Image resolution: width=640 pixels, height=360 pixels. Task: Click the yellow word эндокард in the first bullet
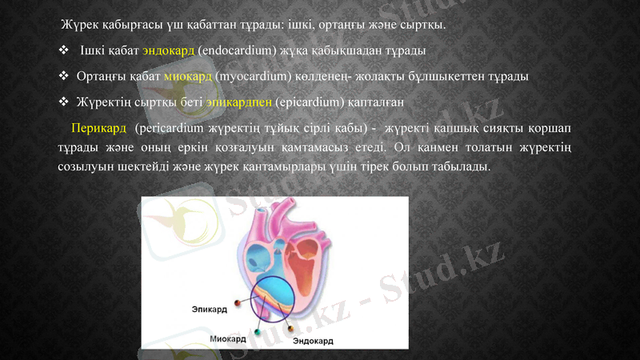point(168,51)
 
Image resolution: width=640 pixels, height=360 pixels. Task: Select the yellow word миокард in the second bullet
point(187,77)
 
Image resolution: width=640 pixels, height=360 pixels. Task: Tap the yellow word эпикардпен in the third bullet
point(239,102)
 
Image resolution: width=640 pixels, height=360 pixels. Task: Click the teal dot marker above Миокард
point(258,330)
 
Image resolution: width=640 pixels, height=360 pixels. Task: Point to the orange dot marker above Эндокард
point(290,328)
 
